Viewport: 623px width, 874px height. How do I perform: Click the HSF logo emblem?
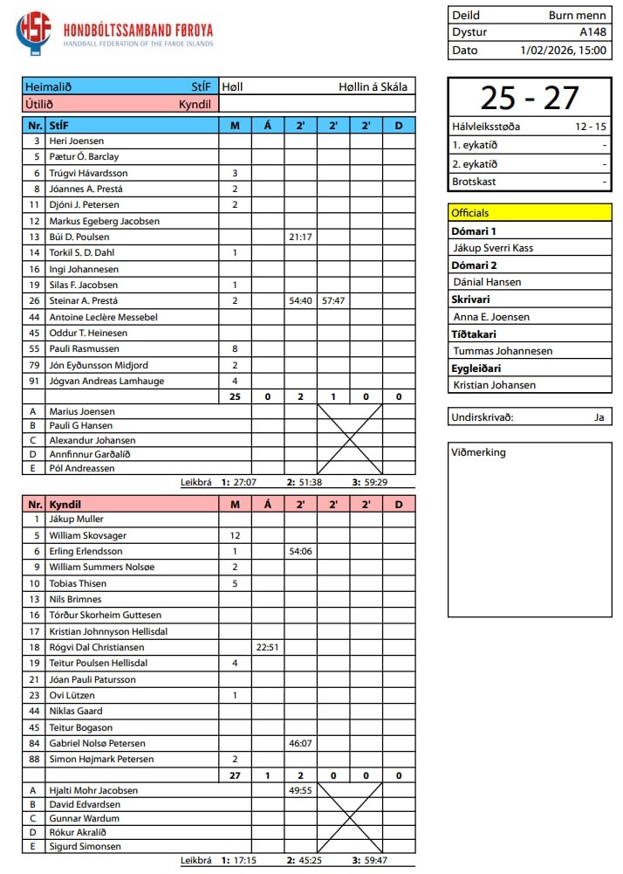(x=33, y=32)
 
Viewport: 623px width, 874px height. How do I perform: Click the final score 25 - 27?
(x=529, y=98)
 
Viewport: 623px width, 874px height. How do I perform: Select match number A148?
(x=592, y=32)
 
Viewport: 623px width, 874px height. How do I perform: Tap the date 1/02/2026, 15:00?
(x=563, y=50)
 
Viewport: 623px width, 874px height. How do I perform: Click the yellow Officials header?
(x=529, y=212)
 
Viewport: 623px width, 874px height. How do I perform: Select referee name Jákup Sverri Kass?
(x=493, y=248)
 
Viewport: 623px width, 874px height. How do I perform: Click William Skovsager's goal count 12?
(x=235, y=535)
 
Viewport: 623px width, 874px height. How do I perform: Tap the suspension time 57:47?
(x=333, y=300)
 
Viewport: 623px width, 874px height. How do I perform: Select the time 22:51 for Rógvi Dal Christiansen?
(x=267, y=647)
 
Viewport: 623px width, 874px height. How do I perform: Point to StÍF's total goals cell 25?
(x=235, y=396)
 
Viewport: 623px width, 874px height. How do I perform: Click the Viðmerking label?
(x=478, y=452)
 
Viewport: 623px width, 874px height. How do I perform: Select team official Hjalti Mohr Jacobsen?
(x=94, y=790)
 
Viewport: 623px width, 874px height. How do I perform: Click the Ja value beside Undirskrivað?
(x=599, y=416)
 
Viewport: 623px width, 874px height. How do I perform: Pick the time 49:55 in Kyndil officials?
(x=300, y=790)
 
